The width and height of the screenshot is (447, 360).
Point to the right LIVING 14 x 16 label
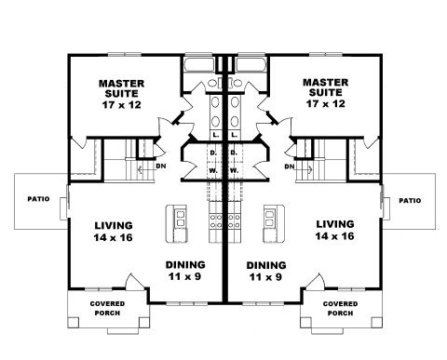pos(334,230)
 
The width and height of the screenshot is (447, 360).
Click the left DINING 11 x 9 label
pos(185,271)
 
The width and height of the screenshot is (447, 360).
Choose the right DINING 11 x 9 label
pos(266,271)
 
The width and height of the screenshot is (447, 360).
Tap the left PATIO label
pos(38,199)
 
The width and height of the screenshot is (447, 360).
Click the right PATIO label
pos(410,201)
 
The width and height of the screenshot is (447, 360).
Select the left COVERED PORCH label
pos(107,308)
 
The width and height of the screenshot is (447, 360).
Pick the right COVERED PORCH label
pos(340,308)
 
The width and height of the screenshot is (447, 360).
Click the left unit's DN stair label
pos(161,167)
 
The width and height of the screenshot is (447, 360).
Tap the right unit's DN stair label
pos(290,167)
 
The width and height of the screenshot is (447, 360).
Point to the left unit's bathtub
pos(199,65)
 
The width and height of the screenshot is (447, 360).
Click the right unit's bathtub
pos(251,65)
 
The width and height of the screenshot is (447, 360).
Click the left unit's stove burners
pos(216,220)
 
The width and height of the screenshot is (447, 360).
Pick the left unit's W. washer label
pos(213,170)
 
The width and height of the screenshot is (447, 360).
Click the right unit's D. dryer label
pos(234,153)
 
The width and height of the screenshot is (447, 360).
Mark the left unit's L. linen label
pos(216,135)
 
